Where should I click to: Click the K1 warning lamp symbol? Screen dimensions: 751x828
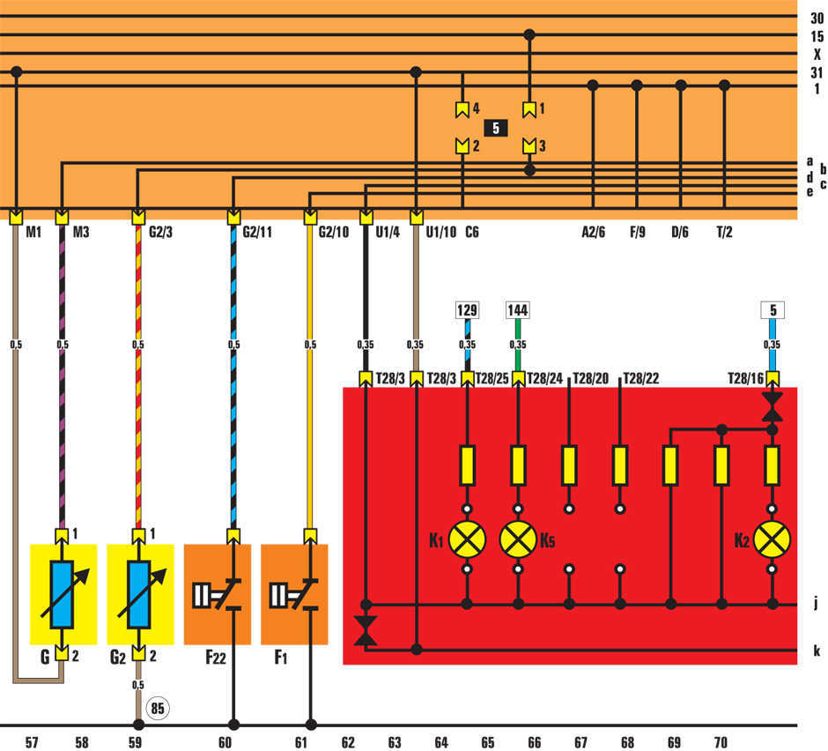coord(467,539)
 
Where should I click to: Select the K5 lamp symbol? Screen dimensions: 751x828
coord(518,539)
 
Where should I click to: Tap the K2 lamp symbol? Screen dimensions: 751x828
coord(773,539)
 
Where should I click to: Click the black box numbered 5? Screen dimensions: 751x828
coord(496,128)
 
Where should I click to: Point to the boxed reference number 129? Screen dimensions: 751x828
coord(466,310)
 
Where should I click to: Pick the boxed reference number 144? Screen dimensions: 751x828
coord(518,310)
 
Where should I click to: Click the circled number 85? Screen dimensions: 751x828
coord(159,707)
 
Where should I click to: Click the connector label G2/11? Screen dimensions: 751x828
coord(256,234)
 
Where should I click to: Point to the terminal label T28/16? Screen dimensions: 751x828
coord(745,378)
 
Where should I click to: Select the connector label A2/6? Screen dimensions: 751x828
coord(593,234)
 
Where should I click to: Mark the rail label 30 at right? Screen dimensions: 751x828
coord(817,17)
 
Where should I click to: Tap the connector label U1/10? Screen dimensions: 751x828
coord(440,234)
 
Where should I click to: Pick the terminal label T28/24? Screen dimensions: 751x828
coord(544,378)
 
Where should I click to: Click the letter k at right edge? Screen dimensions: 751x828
coord(817,651)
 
